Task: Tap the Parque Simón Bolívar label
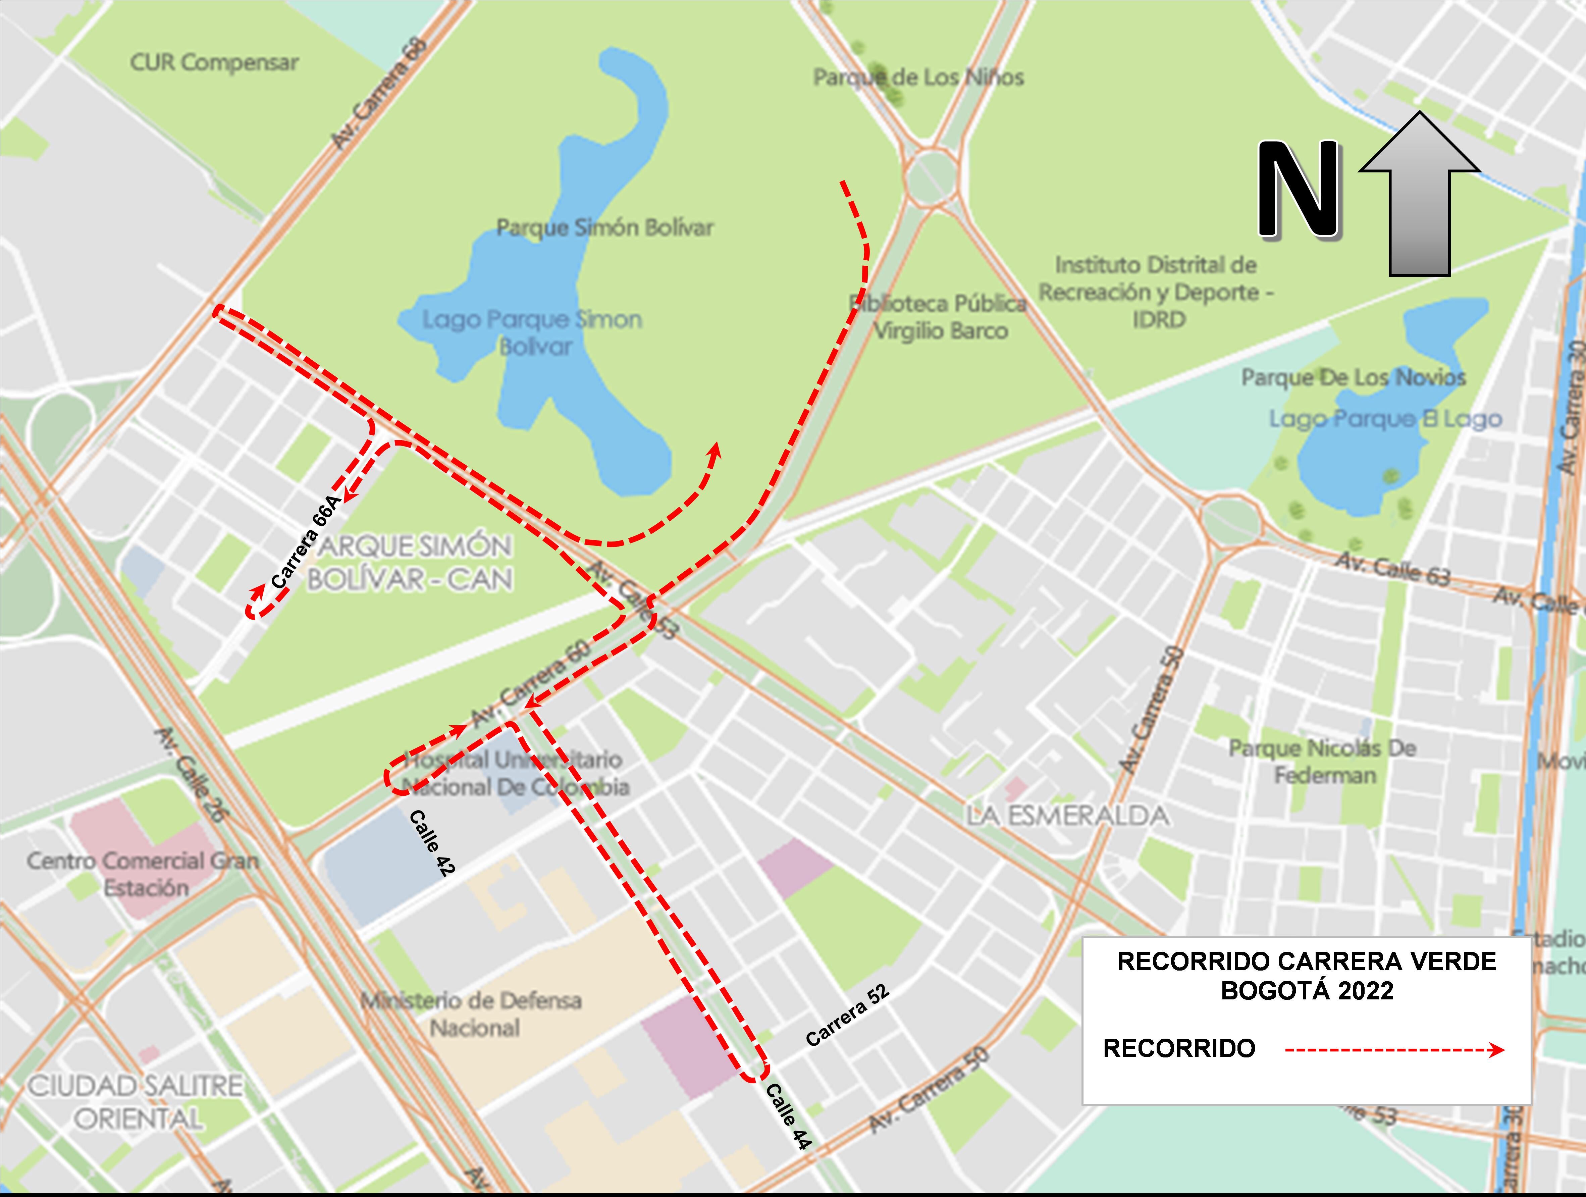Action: (x=604, y=228)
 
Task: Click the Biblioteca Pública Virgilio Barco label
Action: (x=939, y=317)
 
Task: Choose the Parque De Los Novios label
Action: (x=1353, y=377)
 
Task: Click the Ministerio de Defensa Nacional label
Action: (x=471, y=1013)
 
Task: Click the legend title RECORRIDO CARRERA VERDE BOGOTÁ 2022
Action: (x=1306, y=975)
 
